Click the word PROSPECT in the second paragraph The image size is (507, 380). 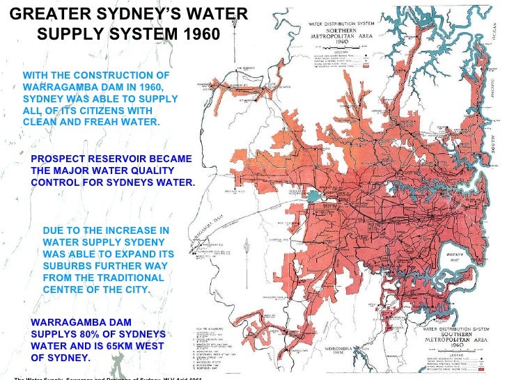coord(65,159)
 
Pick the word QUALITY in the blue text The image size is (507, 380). coord(136,171)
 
